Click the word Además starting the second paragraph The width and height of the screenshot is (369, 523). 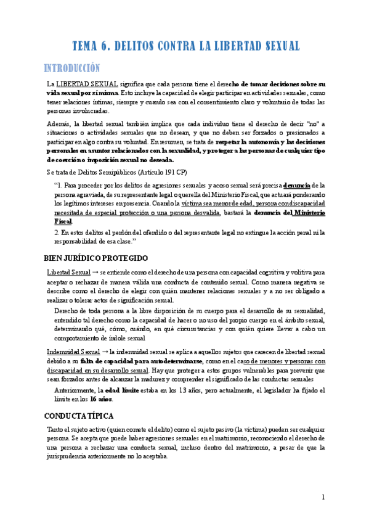pos(59,123)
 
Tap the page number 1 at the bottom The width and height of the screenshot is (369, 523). pos(323,498)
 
